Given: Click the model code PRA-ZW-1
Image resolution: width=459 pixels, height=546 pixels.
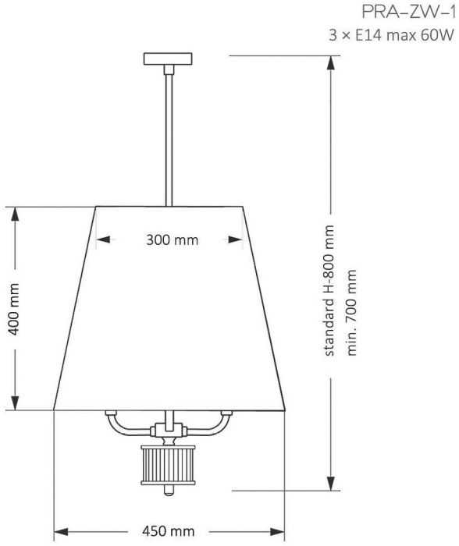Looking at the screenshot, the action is [408, 12].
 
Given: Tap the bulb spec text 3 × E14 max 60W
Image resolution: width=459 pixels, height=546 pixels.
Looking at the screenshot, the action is [391, 35].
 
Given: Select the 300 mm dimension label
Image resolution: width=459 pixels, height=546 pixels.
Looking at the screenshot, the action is [173, 240].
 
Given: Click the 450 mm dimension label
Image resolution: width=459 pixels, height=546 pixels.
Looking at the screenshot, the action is [169, 531].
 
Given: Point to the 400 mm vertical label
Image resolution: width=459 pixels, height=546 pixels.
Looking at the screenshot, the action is [14, 309].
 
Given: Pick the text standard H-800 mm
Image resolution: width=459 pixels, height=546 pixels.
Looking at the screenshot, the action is [329, 291].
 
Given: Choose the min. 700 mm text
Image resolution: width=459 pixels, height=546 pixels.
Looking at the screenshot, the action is [351, 312].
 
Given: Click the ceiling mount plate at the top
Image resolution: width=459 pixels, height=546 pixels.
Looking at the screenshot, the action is [168, 58].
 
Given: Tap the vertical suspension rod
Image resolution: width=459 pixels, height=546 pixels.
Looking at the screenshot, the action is [169, 140].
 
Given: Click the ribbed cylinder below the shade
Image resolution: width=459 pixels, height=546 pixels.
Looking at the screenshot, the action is [169, 465].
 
